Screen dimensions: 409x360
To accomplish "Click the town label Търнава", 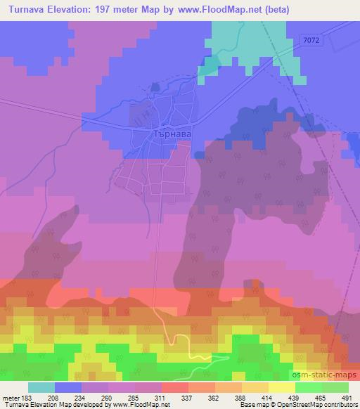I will (x=172, y=131).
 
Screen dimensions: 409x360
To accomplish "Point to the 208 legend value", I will (x=53, y=397).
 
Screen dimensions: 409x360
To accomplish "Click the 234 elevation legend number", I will (x=81, y=397).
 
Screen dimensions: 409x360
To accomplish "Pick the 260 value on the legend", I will (x=108, y=397).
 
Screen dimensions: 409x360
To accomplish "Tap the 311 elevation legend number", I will (x=162, y=397).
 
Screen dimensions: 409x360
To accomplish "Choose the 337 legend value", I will (x=188, y=397).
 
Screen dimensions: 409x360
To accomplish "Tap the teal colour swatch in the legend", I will (x=41, y=388).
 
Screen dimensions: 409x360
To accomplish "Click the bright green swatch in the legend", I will (x=309, y=388).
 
